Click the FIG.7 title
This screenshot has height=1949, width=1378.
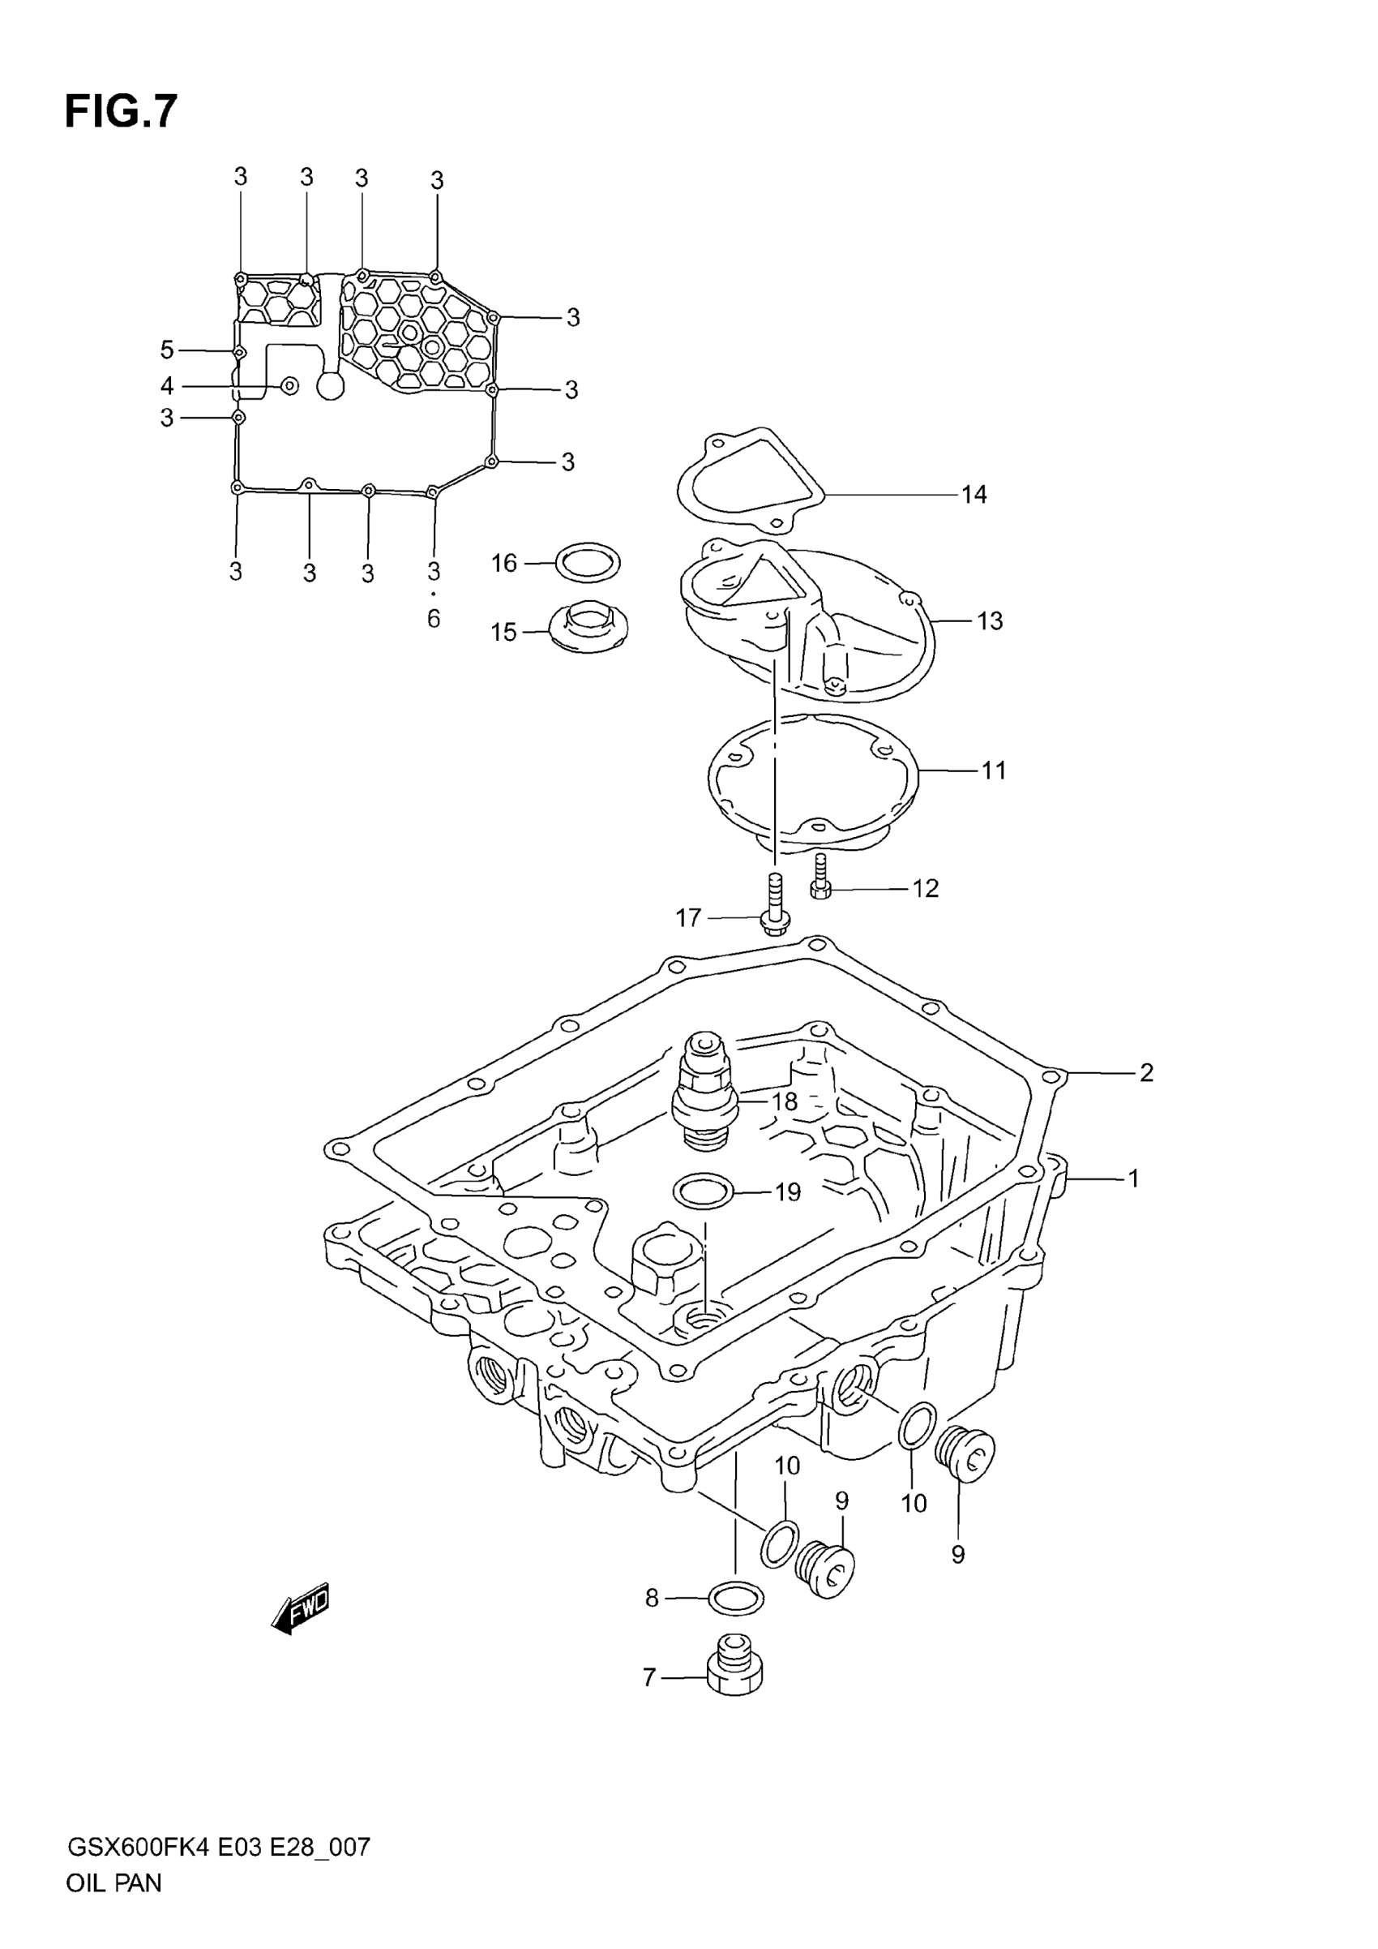pos(122,111)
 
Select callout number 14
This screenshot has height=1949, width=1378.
pos(974,494)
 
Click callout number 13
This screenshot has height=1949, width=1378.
pos(990,620)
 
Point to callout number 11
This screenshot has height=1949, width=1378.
pos(993,770)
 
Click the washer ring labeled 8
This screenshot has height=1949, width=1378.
pos(735,1599)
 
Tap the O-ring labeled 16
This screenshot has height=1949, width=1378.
pos(588,562)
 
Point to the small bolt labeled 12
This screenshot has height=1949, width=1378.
pos(820,879)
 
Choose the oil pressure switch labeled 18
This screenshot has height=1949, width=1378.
pos(704,1092)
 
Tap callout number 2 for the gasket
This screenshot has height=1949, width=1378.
pos(1145,1073)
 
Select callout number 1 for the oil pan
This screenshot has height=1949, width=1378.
pos(1132,1178)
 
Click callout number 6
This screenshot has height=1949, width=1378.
pos(434,619)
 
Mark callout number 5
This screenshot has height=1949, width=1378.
pos(167,350)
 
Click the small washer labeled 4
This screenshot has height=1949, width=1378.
pos(289,386)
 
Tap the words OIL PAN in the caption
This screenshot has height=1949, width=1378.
pos(113,1907)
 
